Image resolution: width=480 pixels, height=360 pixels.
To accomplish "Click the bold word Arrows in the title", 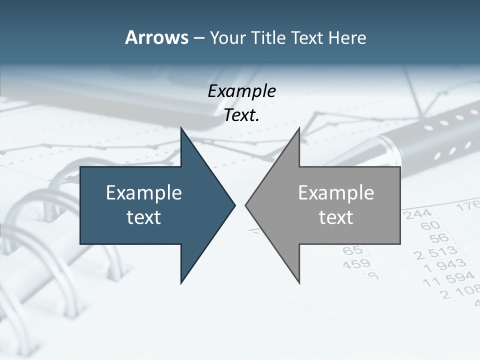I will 156,37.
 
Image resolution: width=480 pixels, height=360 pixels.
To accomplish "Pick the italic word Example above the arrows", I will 241,91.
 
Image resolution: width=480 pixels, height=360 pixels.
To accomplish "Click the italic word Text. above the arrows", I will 241,115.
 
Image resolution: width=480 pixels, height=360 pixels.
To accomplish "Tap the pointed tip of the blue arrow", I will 234,205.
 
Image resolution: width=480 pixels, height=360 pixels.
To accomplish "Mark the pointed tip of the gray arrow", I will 246,205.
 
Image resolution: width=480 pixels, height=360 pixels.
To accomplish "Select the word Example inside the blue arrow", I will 144,192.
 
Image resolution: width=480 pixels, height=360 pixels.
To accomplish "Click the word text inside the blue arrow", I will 144,217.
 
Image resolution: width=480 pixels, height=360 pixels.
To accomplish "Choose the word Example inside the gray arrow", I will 336,192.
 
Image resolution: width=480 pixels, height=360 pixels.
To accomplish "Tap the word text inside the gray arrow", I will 336,217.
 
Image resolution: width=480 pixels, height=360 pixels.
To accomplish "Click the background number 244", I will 418,214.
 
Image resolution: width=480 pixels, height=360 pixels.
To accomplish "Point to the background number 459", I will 356,263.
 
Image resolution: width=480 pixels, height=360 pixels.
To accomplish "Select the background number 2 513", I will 435,252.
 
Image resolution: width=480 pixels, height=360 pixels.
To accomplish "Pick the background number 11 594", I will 448,280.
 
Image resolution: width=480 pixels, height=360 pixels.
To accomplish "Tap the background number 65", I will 353,250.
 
